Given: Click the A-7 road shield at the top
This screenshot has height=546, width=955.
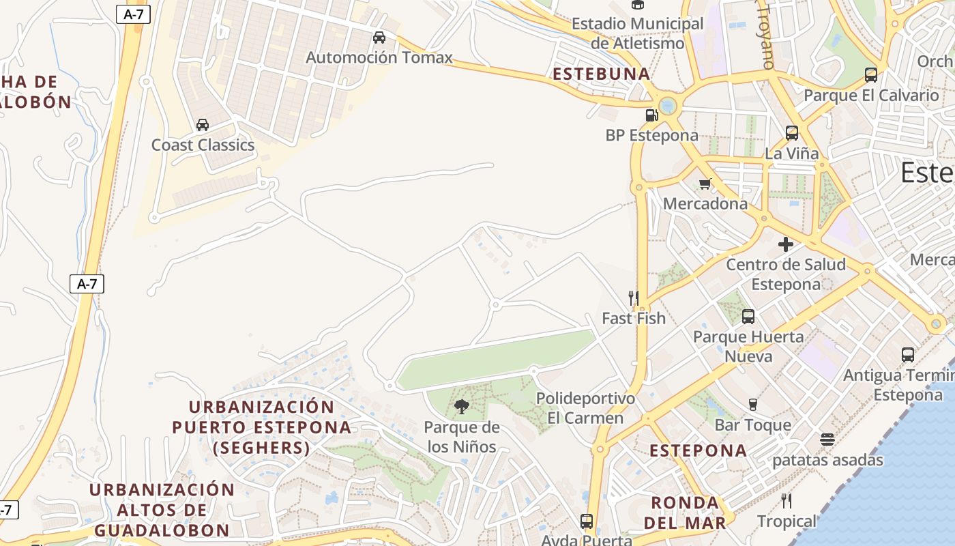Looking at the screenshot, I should coord(133,14).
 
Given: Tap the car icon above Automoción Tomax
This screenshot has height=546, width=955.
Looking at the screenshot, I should coord(379,37).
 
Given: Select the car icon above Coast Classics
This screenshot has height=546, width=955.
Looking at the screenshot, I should coord(203,124).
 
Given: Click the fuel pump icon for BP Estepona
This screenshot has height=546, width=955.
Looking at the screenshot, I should coord(652,115).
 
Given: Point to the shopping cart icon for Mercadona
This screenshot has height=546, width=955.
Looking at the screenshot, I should coord(705,183).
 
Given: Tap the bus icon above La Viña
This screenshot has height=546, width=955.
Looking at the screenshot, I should coord(792,132).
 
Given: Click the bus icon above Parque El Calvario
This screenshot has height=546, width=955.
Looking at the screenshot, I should coord(871,74).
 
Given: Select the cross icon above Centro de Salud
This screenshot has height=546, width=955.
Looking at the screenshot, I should coord(786,244).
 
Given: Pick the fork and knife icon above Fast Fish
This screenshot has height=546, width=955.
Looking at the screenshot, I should coord(634,298).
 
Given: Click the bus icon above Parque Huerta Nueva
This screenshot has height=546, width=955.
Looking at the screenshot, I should coord(748,316).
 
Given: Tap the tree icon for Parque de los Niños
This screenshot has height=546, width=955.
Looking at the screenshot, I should coord(462,407).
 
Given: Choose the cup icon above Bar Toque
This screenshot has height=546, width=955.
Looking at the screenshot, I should coord(753,404).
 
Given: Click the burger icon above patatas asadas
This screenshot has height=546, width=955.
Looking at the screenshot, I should coord(827,439).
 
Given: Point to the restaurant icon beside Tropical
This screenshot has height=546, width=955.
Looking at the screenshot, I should coord(787,501).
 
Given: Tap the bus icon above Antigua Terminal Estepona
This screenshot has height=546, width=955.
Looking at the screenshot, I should coord(908,354).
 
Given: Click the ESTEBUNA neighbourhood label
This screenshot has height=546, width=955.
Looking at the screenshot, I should coord(602,74).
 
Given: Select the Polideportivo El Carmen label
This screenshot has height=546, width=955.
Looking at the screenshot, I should coord(585,407).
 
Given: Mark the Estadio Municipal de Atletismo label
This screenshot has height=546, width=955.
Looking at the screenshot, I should coord(637,33).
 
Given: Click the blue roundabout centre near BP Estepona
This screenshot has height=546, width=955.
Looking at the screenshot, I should coord(668,105).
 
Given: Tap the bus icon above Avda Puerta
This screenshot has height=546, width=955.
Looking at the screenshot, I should coord(587,521).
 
